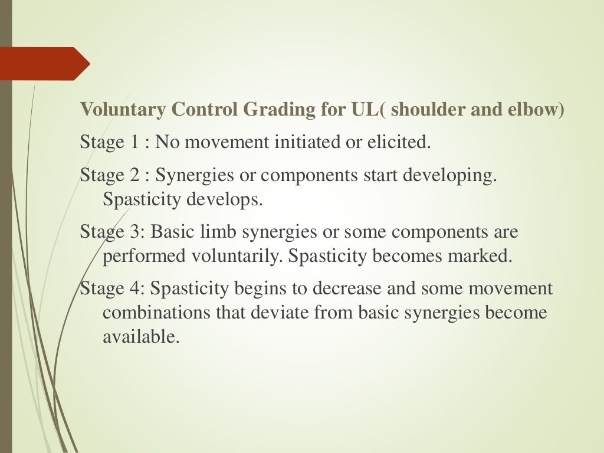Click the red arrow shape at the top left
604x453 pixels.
click(41, 64)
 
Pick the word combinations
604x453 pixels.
click(156, 313)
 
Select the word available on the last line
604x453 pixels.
click(139, 337)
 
